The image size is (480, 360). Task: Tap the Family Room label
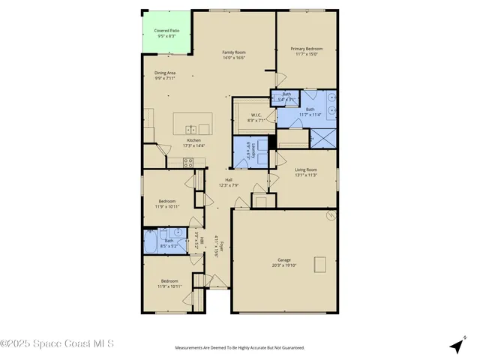pyautogui.click(x=234, y=52)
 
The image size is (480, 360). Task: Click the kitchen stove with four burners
pyautogui.click(x=189, y=161)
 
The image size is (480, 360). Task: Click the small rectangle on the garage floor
pyautogui.click(x=320, y=264)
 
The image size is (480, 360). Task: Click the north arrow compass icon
pyautogui.click(x=456, y=346)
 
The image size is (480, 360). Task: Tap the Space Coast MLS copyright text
pyautogui.click(x=58, y=344)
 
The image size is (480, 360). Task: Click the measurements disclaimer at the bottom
pyautogui.click(x=239, y=348)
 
